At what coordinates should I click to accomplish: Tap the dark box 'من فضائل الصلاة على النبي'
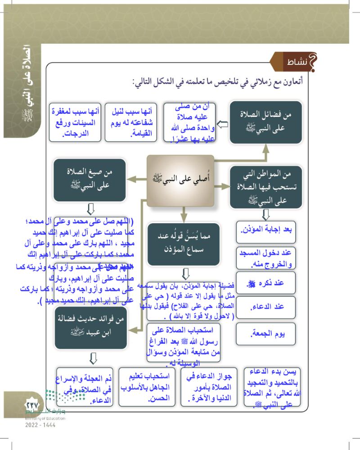(x=265, y=122)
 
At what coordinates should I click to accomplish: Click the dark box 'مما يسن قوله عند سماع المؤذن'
(x=184, y=243)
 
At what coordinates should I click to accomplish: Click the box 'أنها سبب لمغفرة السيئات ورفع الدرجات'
(x=75, y=122)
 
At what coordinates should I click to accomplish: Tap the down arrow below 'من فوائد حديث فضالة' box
(x=93, y=358)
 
